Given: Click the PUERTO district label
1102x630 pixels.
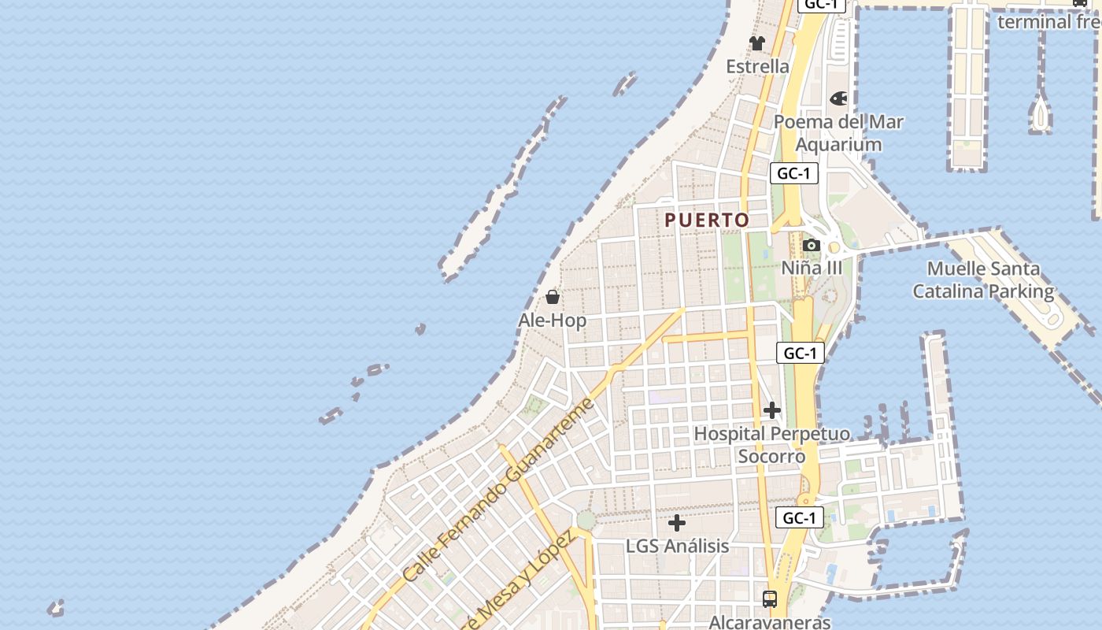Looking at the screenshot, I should click(x=707, y=220).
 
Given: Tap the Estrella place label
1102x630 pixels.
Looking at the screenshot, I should click(x=757, y=66).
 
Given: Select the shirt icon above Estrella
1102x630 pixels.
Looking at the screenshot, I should click(x=757, y=43).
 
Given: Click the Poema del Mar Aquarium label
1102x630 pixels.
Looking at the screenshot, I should click(x=838, y=133).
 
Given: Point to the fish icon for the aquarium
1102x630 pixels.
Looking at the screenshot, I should click(x=838, y=98).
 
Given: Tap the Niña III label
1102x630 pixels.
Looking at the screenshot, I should click(x=812, y=268).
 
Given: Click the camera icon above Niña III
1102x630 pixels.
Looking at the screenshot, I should click(x=812, y=245).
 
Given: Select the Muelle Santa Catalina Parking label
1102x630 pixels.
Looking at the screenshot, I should click(x=983, y=280).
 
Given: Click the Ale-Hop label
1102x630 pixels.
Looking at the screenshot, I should click(x=553, y=321).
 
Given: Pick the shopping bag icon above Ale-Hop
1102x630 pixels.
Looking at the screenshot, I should click(x=553, y=297).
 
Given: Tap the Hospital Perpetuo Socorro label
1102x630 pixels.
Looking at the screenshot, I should click(x=771, y=445).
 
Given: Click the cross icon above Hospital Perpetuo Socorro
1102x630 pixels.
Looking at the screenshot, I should click(x=771, y=410).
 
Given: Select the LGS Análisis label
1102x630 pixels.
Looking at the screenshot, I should click(x=677, y=546).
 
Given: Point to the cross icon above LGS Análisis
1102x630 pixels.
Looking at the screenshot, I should click(x=677, y=522).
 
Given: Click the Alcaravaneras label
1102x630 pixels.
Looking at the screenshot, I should click(x=770, y=622).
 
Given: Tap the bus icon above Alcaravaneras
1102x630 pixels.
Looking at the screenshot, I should click(x=770, y=598).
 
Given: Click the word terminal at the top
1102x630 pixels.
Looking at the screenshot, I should click(x=1022, y=21).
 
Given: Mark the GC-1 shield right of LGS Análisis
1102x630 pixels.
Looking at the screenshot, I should click(x=800, y=517).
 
